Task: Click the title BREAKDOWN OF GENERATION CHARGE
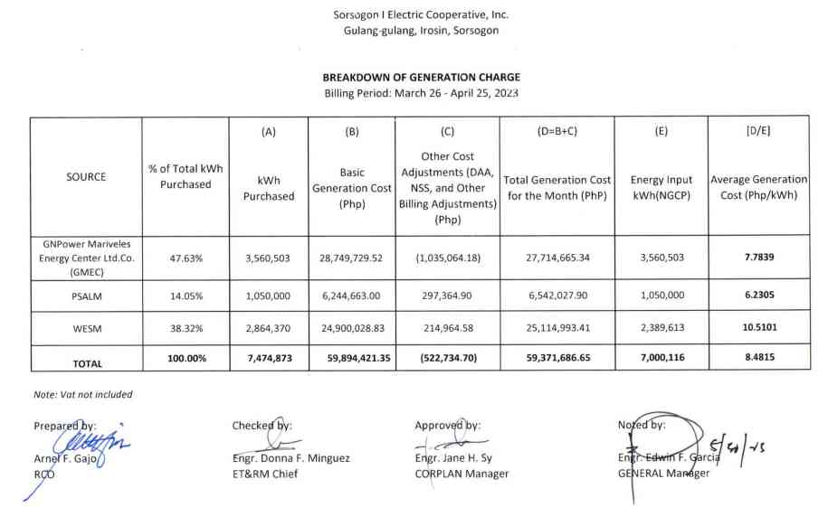(x=421, y=78)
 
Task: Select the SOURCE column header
(x=86, y=177)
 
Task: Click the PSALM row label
(x=86, y=295)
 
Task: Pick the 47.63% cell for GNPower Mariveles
(x=186, y=258)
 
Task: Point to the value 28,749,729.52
(x=351, y=258)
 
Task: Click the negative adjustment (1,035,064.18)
(x=448, y=258)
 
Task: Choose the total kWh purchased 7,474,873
(x=268, y=359)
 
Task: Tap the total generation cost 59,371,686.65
(x=557, y=359)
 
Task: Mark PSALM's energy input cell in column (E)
(x=661, y=295)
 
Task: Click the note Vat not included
(x=83, y=395)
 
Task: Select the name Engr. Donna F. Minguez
(x=291, y=458)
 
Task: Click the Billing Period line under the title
(x=421, y=94)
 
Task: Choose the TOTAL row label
(x=86, y=364)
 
